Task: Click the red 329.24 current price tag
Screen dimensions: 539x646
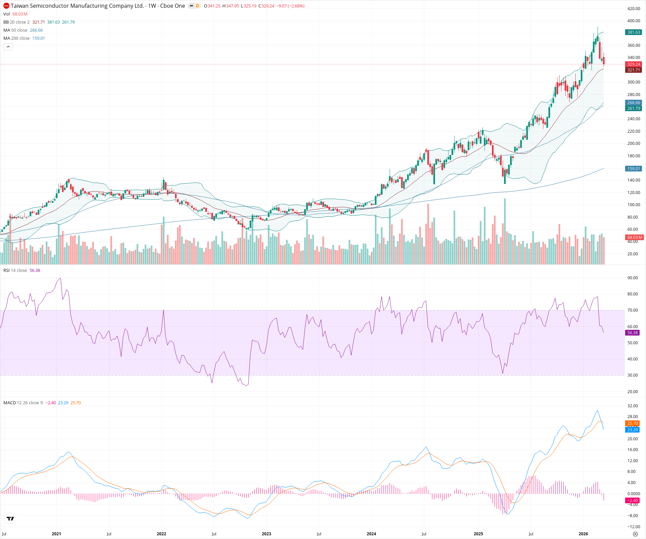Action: pos(634,64)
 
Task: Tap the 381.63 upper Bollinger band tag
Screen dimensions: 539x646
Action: pos(634,32)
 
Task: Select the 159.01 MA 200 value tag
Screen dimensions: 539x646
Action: pos(634,169)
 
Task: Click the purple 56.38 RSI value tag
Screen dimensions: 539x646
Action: pos(633,333)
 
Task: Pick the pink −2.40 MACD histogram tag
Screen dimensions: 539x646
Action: pos(633,501)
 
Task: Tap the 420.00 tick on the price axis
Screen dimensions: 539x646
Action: pos(634,9)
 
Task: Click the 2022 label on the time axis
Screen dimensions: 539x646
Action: pos(161,534)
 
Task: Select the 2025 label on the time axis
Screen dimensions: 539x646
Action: pos(478,534)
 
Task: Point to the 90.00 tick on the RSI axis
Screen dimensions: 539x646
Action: pos(633,278)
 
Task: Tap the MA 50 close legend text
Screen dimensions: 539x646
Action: pos(15,30)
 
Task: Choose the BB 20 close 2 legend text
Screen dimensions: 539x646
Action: pos(16,22)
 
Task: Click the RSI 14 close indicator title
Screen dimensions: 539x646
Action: pos(15,271)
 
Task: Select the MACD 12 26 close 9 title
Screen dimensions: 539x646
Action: pos(23,403)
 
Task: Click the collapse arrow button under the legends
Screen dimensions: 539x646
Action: pos(8,47)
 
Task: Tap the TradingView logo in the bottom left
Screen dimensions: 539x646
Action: pos(10,518)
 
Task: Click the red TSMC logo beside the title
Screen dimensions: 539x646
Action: pos(6,6)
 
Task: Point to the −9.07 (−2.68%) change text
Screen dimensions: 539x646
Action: pos(290,6)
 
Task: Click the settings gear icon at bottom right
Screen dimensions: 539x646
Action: pos(635,534)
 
